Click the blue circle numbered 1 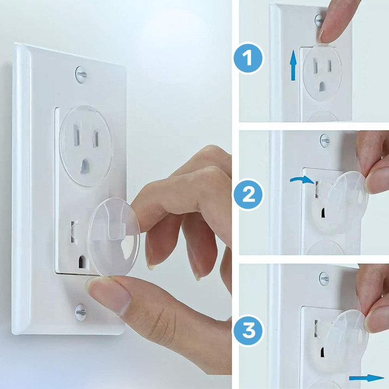[x=248, y=59]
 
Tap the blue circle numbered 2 [x=248, y=195]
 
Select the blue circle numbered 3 [x=248, y=330]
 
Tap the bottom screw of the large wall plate [x=80, y=311]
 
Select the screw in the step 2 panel [x=324, y=141]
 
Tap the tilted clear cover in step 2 [x=347, y=201]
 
